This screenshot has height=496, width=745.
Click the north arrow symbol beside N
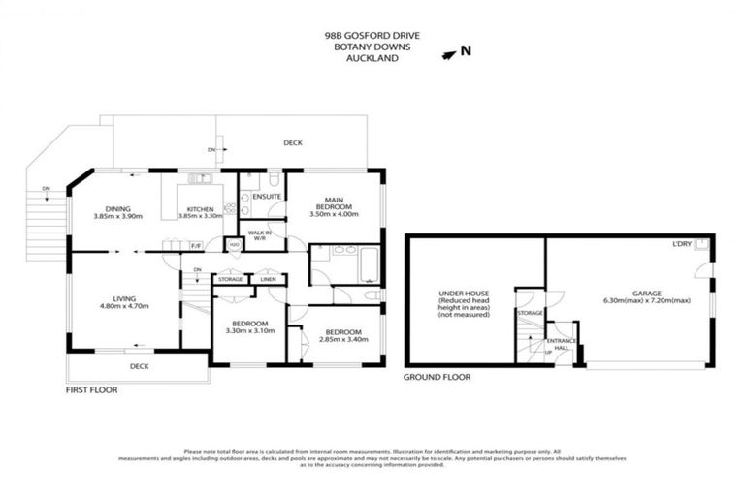(447, 53)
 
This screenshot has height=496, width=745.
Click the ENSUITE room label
(266, 197)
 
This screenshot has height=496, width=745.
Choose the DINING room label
(118, 208)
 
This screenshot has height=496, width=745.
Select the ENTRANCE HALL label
(561, 344)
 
